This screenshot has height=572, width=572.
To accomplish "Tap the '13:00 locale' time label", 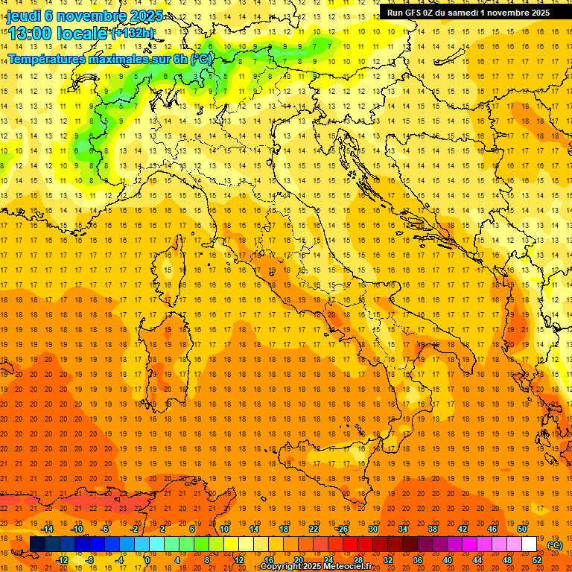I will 58,34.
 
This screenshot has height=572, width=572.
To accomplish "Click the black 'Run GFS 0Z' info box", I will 468,12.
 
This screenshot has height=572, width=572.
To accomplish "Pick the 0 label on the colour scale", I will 147,560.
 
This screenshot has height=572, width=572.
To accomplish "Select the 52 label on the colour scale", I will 537,560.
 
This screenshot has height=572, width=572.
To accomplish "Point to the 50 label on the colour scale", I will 522,529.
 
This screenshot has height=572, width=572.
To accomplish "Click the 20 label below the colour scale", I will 298,560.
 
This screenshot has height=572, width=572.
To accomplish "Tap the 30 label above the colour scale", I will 372,529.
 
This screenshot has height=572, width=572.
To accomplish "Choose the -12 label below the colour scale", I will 62,560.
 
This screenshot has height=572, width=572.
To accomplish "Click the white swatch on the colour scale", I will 529,544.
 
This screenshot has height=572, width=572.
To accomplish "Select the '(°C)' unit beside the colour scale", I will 555,545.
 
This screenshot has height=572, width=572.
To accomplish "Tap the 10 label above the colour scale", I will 223,529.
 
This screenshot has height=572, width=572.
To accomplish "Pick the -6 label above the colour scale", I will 106,529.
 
